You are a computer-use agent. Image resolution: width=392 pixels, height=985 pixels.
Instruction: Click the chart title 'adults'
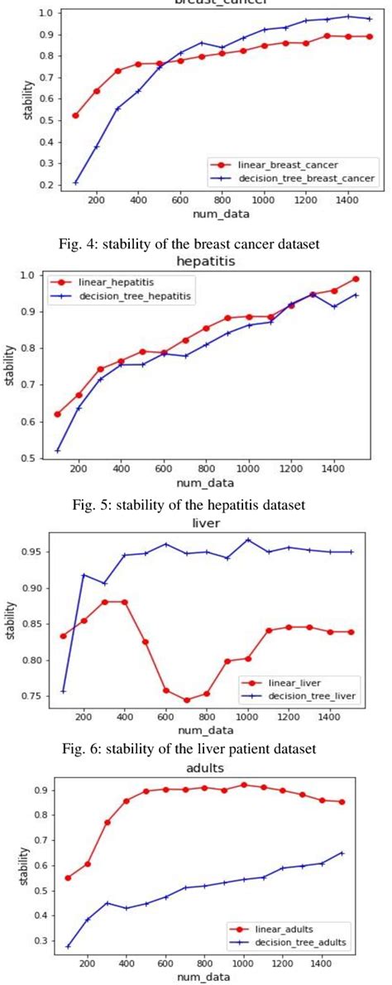tap(209, 767)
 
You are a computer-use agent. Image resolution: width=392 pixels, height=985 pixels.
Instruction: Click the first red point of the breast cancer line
tap(75, 115)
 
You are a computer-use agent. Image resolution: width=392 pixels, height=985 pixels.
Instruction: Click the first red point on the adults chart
tap(68, 877)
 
